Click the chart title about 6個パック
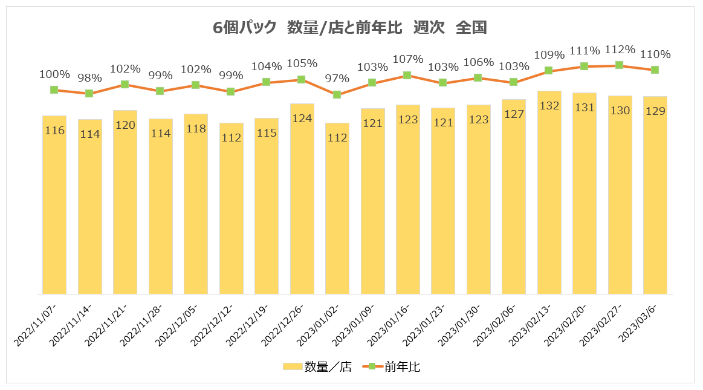[x=350, y=28]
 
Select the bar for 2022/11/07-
[x=54, y=206]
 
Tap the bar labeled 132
[x=549, y=193]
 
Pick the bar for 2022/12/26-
[x=302, y=200]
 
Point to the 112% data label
[x=620, y=50]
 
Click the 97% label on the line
[x=337, y=79]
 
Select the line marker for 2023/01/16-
[x=407, y=76]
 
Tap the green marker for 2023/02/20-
[x=584, y=66]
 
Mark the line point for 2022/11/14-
[x=89, y=93]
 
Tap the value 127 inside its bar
[x=513, y=114]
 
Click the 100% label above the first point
[x=54, y=74]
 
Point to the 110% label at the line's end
[x=655, y=54]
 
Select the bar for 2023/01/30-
[x=478, y=200]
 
